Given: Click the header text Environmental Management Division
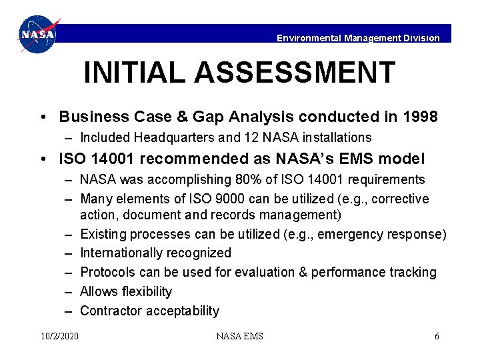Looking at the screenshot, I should (x=358, y=38).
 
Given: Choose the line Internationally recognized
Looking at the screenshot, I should (x=155, y=253).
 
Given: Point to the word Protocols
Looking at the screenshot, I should (x=107, y=272).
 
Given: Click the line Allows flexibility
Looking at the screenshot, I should (x=126, y=291).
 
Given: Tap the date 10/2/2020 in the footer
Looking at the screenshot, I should (x=59, y=336).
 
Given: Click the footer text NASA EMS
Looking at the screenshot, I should (x=239, y=336).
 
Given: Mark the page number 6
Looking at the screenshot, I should (x=437, y=336).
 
